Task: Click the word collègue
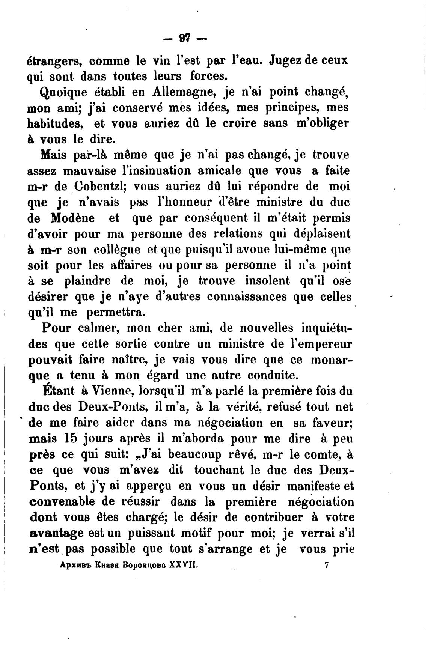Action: [116, 250]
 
